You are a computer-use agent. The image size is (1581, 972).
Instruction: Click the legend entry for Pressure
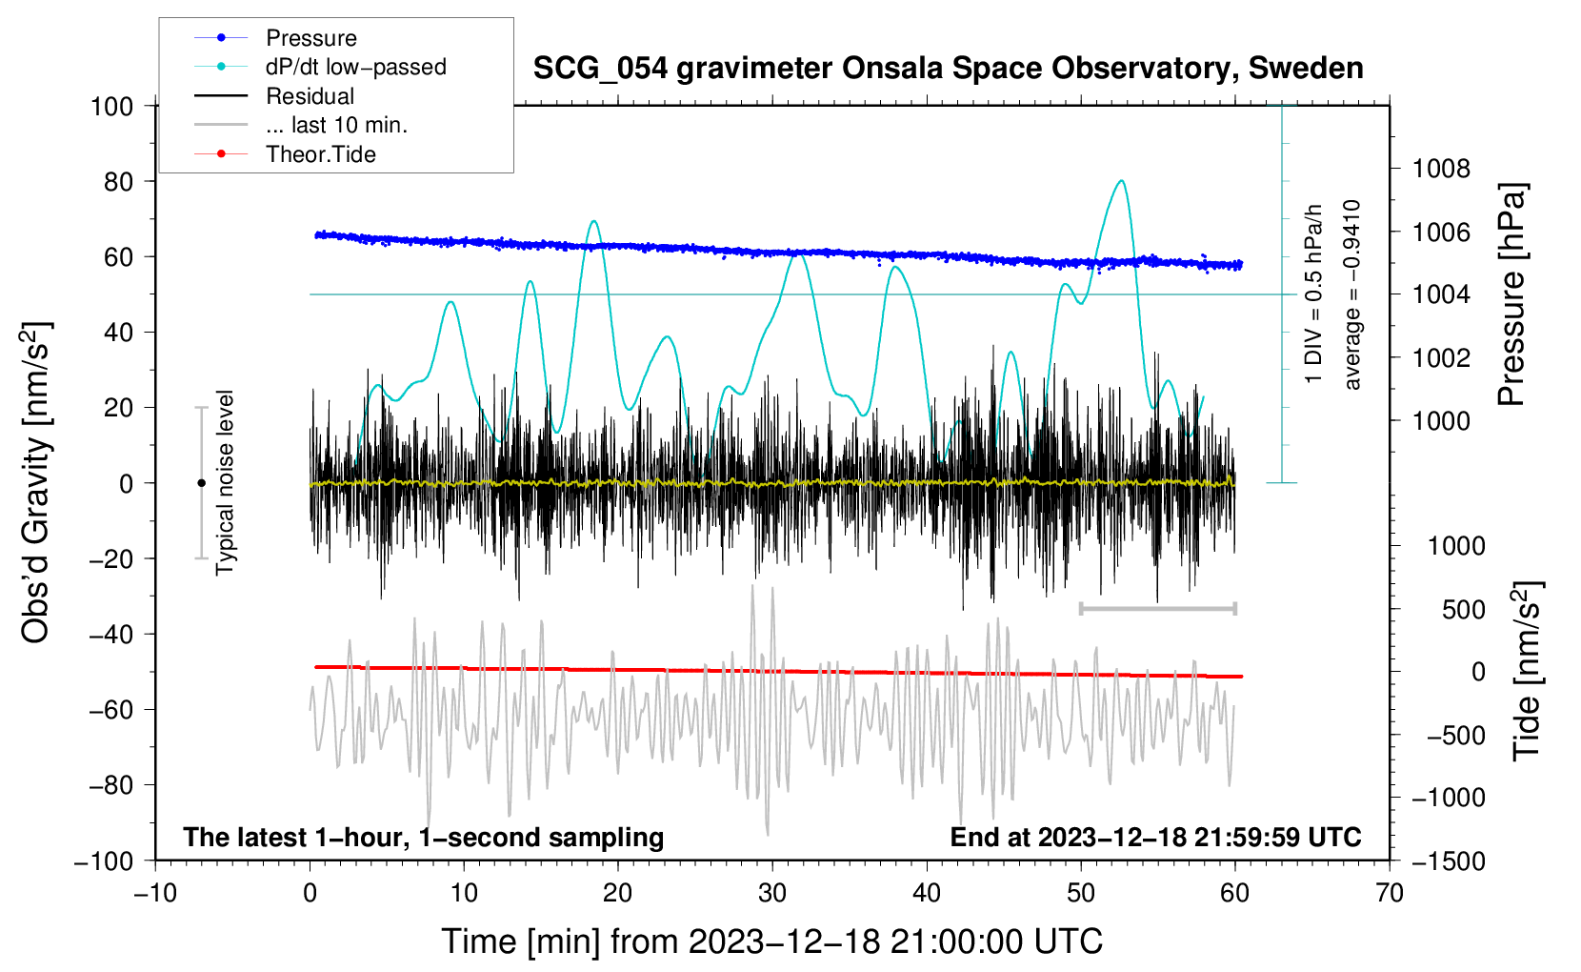click(310, 38)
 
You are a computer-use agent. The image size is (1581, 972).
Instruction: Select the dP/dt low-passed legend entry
click(355, 67)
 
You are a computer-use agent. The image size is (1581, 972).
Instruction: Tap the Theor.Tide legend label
click(320, 154)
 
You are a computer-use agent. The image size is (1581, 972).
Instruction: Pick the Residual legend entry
click(310, 96)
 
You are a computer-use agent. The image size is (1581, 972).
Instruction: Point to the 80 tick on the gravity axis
click(118, 181)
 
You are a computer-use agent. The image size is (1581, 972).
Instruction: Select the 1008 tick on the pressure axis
click(1441, 170)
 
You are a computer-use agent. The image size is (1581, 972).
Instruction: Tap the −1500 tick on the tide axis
click(1448, 861)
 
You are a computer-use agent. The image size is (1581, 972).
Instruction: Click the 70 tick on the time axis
click(1390, 893)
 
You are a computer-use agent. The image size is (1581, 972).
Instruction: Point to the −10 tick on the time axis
click(155, 893)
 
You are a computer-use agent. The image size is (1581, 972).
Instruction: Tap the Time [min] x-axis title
click(771, 942)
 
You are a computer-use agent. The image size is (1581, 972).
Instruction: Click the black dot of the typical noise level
click(201, 483)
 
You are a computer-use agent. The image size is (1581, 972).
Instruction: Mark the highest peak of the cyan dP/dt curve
click(1122, 181)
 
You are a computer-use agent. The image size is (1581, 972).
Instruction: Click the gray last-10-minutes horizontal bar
click(1157, 608)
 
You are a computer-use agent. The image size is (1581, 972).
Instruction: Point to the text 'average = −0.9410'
click(1351, 294)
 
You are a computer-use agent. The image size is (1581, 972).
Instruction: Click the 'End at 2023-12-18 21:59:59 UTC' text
click(1155, 837)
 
